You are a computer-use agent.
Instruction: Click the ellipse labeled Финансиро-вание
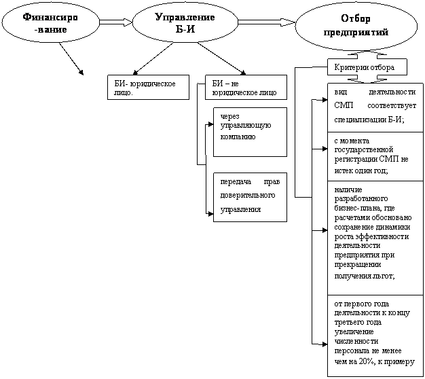pyautogui.click(x=50, y=23)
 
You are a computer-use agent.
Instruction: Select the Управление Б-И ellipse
pyautogui.click(x=185, y=23)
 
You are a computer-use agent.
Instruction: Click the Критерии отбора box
pyautogui.click(x=367, y=67)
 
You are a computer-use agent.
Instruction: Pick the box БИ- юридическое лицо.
pyautogui.click(x=148, y=88)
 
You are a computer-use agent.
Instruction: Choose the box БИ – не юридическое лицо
pyautogui.click(x=246, y=88)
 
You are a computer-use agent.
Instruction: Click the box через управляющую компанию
pyautogui.click(x=250, y=132)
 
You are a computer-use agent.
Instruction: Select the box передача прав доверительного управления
pyautogui.click(x=250, y=197)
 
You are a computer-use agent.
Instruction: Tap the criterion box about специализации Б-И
pyautogui.click(x=375, y=107)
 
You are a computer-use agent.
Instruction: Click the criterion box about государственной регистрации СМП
pyautogui.click(x=375, y=157)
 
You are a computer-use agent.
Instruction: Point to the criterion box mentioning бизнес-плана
pyautogui.click(x=375, y=238)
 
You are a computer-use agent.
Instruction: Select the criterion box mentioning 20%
pyautogui.click(x=375, y=336)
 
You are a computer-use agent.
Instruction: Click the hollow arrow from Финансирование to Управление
pyautogui.click(x=115, y=22)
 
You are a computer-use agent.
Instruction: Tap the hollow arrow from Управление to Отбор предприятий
pyautogui.click(x=266, y=22)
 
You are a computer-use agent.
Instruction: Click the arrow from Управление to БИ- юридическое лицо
pyautogui.click(x=153, y=58)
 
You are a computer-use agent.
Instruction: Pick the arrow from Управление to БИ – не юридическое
pyautogui.click(x=221, y=58)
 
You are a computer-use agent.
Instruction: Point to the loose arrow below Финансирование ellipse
pyautogui.click(x=71, y=58)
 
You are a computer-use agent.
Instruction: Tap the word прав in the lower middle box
pyautogui.click(x=272, y=182)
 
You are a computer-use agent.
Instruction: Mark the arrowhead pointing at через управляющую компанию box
pyautogui.click(x=210, y=124)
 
